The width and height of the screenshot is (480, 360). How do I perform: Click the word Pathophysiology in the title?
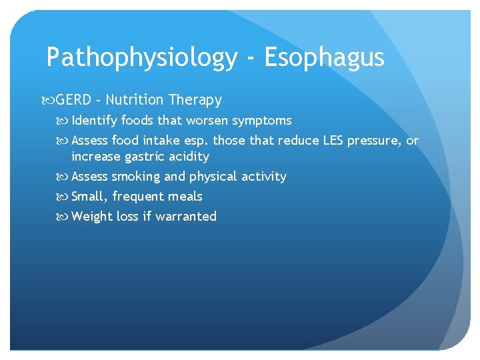click(141, 58)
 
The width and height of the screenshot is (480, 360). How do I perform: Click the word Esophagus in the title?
click(324, 58)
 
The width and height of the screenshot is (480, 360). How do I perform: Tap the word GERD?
click(73, 100)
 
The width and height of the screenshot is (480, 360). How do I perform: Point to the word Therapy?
click(195, 101)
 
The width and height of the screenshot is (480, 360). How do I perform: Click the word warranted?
click(186, 216)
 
